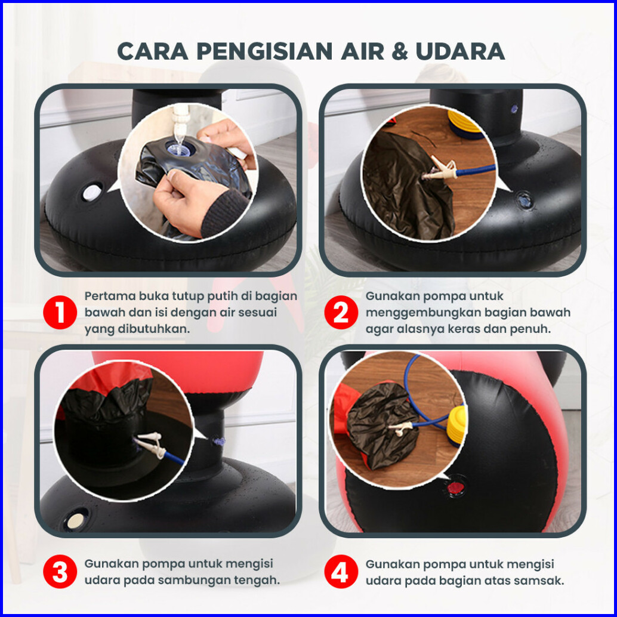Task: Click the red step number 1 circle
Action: coord(60,313)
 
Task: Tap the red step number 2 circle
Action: coord(341,313)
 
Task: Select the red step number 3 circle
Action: coord(60,572)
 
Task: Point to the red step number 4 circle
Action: coord(341,572)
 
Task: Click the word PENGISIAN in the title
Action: coord(265,51)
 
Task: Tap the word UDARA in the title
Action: coord(460,51)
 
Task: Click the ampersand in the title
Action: coord(400,51)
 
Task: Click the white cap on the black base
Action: coord(92,192)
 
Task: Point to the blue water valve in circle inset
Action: coord(179,149)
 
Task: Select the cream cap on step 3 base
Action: coord(75,521)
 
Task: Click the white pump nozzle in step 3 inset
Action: coord(152,445)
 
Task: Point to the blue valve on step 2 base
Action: coord(525,200)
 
